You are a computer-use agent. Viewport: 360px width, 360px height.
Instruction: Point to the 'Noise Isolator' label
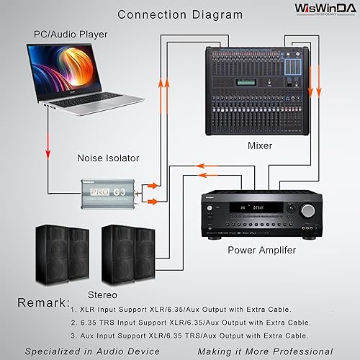(x=108, y=158)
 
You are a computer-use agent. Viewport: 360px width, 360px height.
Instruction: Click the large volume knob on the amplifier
(x=308, y=210)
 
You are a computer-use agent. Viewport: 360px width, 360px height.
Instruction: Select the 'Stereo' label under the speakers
(x=102, y=294)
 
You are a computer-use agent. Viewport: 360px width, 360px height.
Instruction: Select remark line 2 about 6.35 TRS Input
(x=190, y=323)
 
